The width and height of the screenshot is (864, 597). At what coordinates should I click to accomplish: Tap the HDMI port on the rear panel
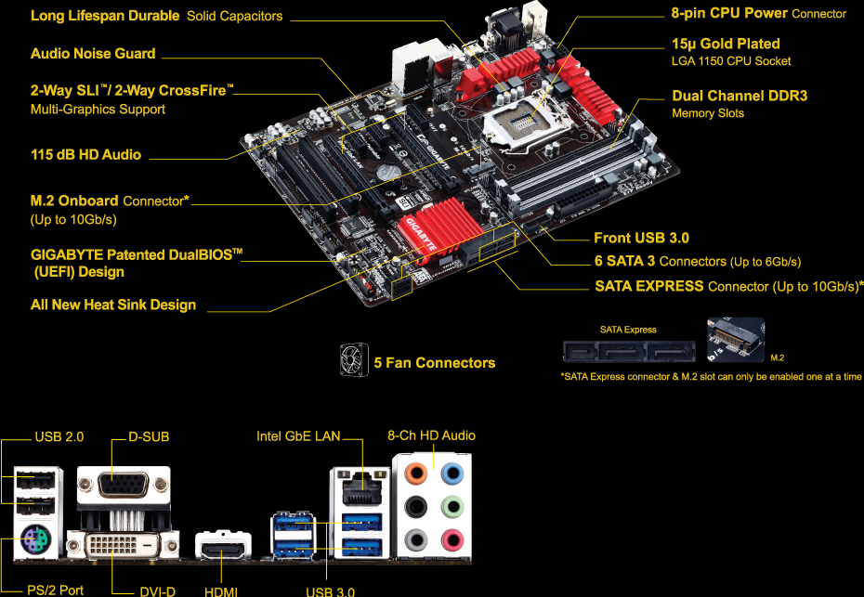click(223, 549)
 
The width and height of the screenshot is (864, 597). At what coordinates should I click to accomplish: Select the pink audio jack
click(452, 539)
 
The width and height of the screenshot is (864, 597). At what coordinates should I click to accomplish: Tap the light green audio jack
click(452, 507)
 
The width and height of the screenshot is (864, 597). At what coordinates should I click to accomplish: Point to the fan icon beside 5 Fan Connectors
click(354, 360)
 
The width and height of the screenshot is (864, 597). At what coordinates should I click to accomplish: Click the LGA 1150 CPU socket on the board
click(526, 121)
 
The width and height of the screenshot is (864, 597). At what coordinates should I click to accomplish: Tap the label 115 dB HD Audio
click(85, 155)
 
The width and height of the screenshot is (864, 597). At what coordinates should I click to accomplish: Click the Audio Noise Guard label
click(93, 54)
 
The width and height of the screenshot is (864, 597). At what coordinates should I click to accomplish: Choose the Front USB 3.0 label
click(641, 239)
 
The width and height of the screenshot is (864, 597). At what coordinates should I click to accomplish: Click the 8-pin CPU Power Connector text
click(758, 13)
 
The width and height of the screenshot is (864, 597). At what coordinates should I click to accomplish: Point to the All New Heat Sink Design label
click(113, 305)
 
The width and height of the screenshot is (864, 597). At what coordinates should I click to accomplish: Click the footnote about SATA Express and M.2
click(711, 377)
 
